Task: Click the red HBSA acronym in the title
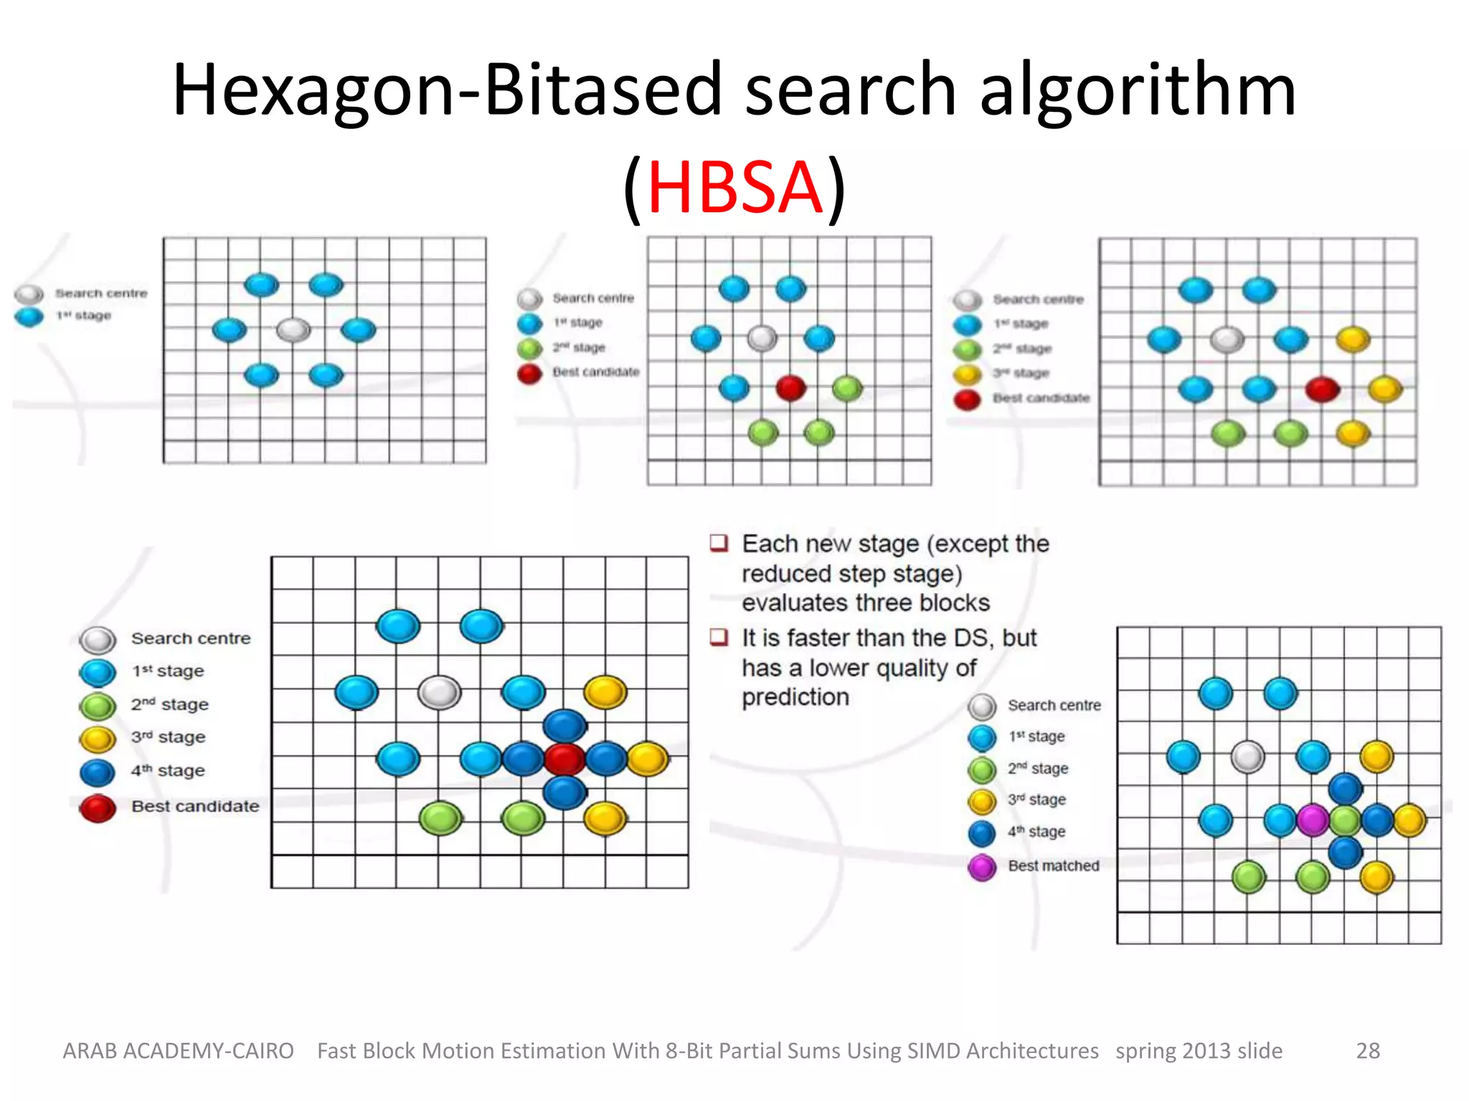click(x=734, y=188)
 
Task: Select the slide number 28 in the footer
click(x=1367, y=1050)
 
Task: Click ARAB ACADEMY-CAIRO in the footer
click(x=178, y=1050)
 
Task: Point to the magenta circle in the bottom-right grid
click(x=1313, y=820)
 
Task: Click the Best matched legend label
click(x=1053, y=866)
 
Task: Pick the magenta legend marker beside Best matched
click(x=982, y=867)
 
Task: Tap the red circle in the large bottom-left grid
click(x=564, y=759)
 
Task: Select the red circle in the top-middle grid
click(x=790, y=388)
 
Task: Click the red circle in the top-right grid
click(x=1322, y=389)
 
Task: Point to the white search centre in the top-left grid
click(x=293, y=330)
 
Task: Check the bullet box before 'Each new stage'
click(x=719, y=543)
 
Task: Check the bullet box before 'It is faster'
click(x=719, y=637)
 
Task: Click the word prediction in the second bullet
click(x=795, y=697)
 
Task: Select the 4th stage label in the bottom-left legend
click(x=168, y=771)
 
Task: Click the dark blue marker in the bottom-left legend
click(x=98, y=772)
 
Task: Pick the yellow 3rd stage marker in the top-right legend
click(x=967, y=374)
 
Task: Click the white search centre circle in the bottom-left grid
click(x=439, y=692)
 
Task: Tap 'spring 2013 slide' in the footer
click(x=1199, y=1050)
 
